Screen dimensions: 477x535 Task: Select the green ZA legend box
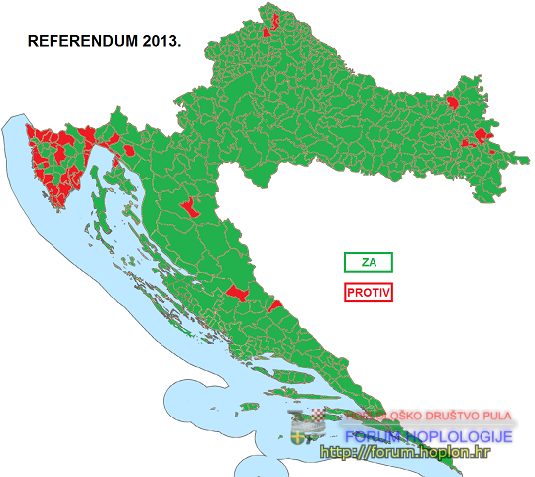(369, 262)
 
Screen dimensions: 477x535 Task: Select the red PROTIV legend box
(369, 293)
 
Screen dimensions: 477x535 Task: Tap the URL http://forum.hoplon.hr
(405, 452)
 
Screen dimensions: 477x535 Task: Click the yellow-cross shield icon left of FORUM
(300, 436)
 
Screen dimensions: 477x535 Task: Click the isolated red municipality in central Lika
(187, 206)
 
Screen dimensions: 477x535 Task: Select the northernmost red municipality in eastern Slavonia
(455, 101)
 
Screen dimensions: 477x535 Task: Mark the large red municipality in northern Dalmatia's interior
(236, 293)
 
